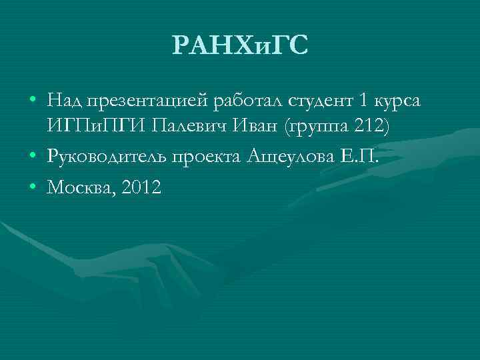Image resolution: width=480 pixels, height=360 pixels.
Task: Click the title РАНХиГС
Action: (x=240, y=46)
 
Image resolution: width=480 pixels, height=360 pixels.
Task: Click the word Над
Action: (x=65, y=101)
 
